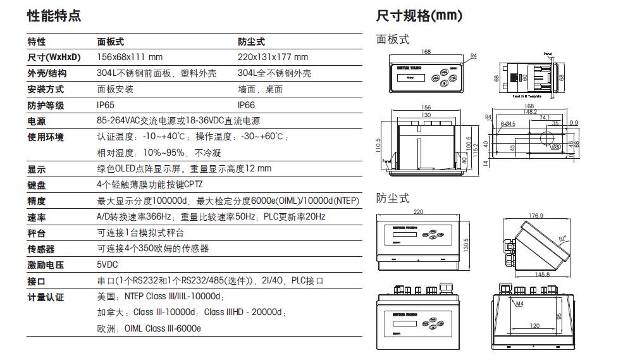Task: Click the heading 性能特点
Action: coord(54,15)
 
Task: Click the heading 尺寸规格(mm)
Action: coord(419,15)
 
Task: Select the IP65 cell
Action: coord(106,106)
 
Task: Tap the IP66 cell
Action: coord(247,106)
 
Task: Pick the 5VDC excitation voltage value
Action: coord(108,265)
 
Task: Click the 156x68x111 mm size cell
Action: coord(130,58)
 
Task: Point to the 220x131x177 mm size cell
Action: coord(273,58)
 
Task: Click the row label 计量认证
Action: coord(46,297)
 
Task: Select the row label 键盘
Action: coord(37,185)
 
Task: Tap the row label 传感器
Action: coord(41,249)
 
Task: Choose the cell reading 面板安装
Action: coord(115,89)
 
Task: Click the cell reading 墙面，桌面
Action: coord(260,89)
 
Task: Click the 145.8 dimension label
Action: coord(542,274)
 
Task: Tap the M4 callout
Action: coord(519,305)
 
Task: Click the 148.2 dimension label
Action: coord(529,112)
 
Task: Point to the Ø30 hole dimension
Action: coord(556,147)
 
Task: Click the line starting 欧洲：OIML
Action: coord(149,328)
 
